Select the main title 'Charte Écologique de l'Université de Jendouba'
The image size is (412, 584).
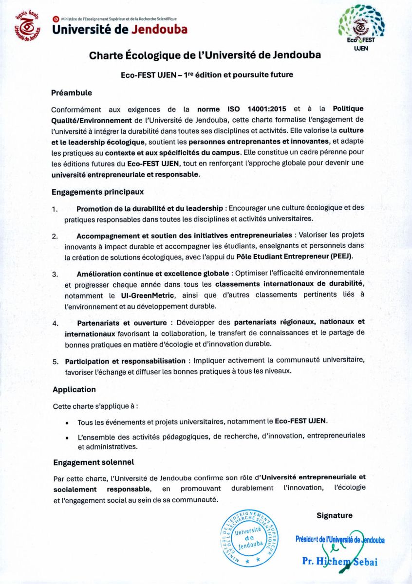coord(205,55)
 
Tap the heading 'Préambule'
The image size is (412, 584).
coord(72,92)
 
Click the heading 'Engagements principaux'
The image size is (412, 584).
coord(97,192)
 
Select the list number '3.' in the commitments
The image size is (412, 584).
coord(56,273)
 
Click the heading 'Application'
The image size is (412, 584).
coord(74,389)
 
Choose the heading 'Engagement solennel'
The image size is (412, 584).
coord(94,462)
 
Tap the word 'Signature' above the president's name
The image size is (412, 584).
coord(334,515)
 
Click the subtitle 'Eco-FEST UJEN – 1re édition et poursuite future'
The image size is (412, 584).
coord(207,75)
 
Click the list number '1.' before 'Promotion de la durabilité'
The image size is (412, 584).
coord(56,209)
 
